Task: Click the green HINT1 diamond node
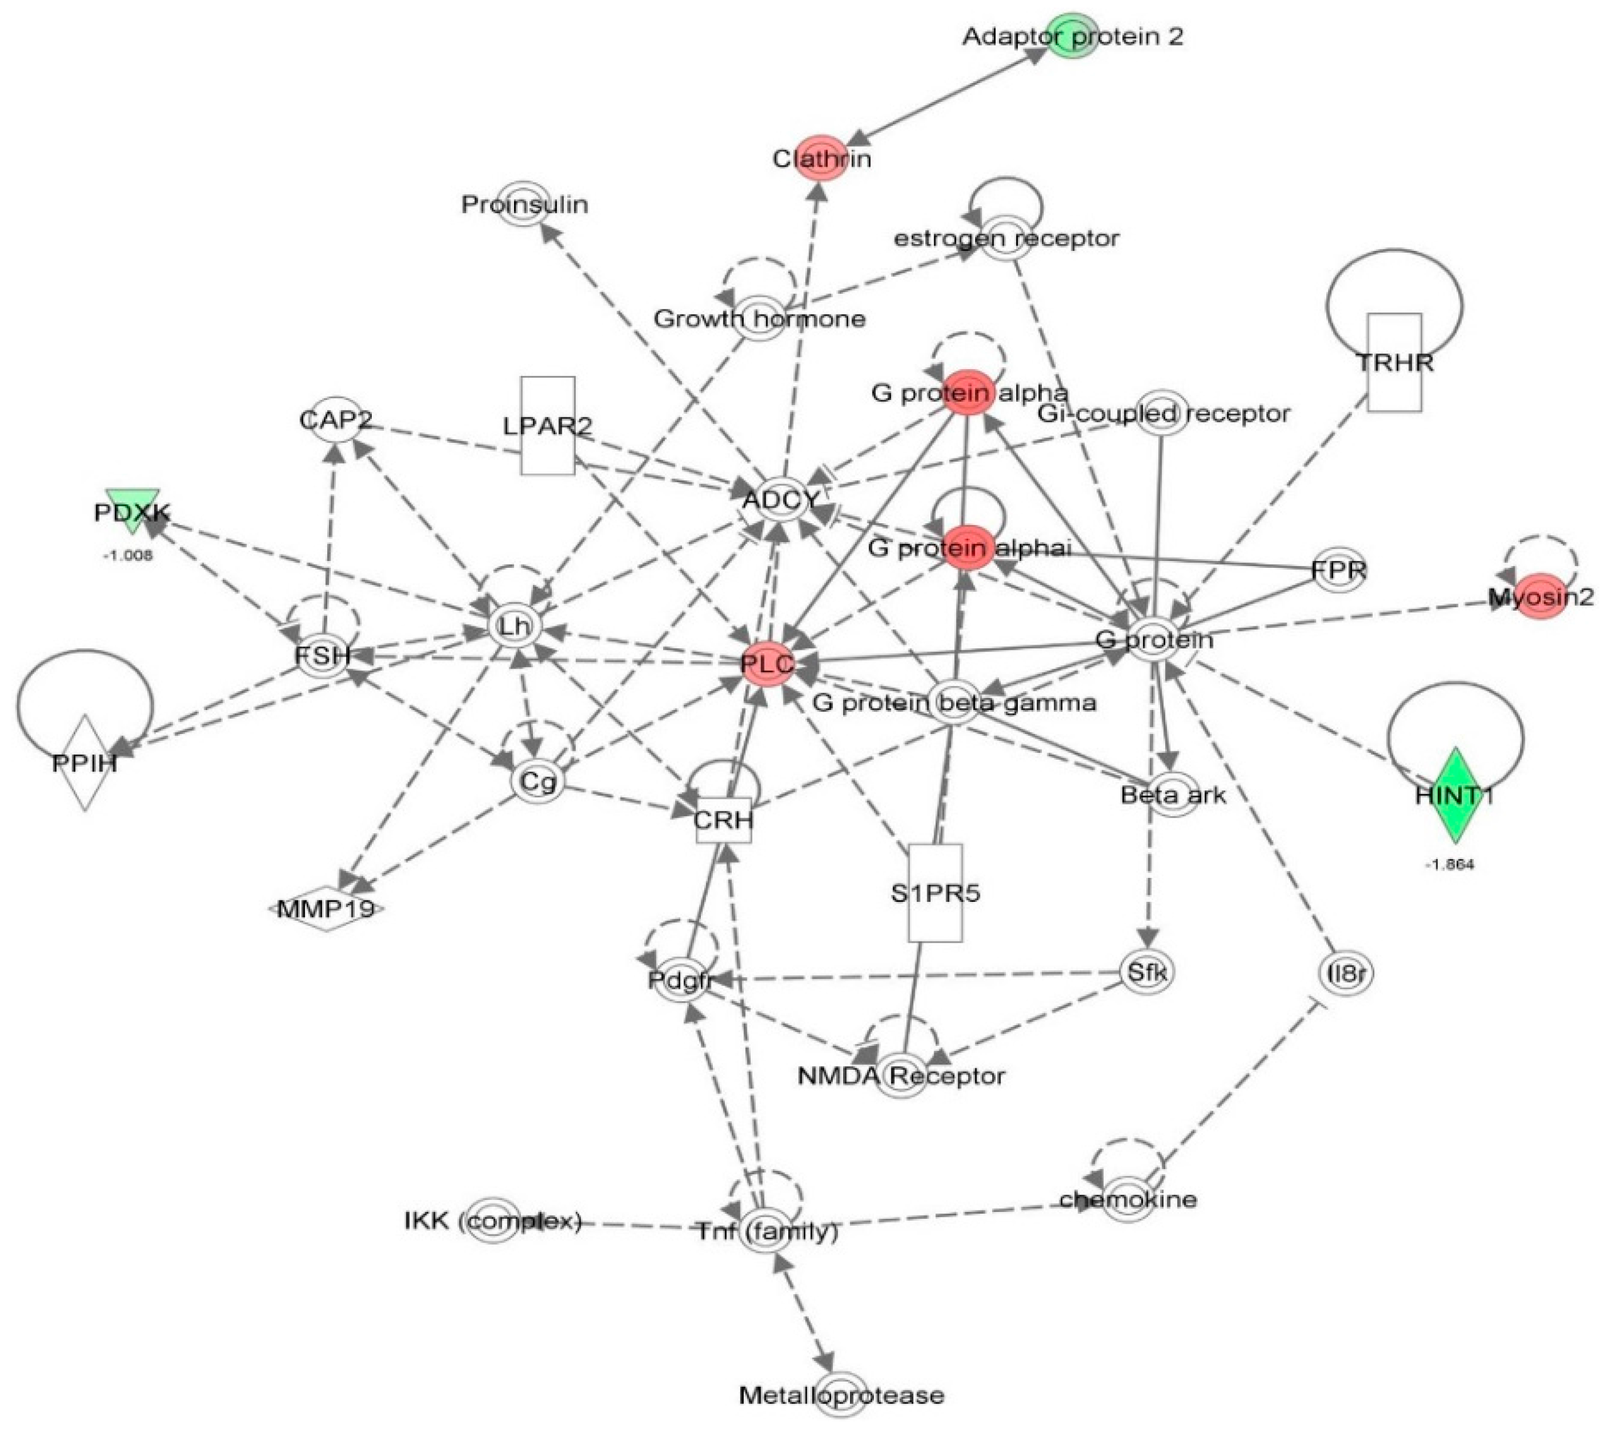[x=1453, y=795]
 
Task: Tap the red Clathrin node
[x=821, y=158]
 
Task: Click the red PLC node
[x=767, y=664]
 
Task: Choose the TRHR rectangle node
[x=1394, y=362]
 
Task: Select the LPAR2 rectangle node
[x=547, y=426]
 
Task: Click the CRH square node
[x=723, y=819]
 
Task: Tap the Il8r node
[x=1346, y=974]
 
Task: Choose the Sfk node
[x=1146, y=971]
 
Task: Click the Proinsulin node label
[x=525, y=204]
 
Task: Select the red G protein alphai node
[x=967, y=547]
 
